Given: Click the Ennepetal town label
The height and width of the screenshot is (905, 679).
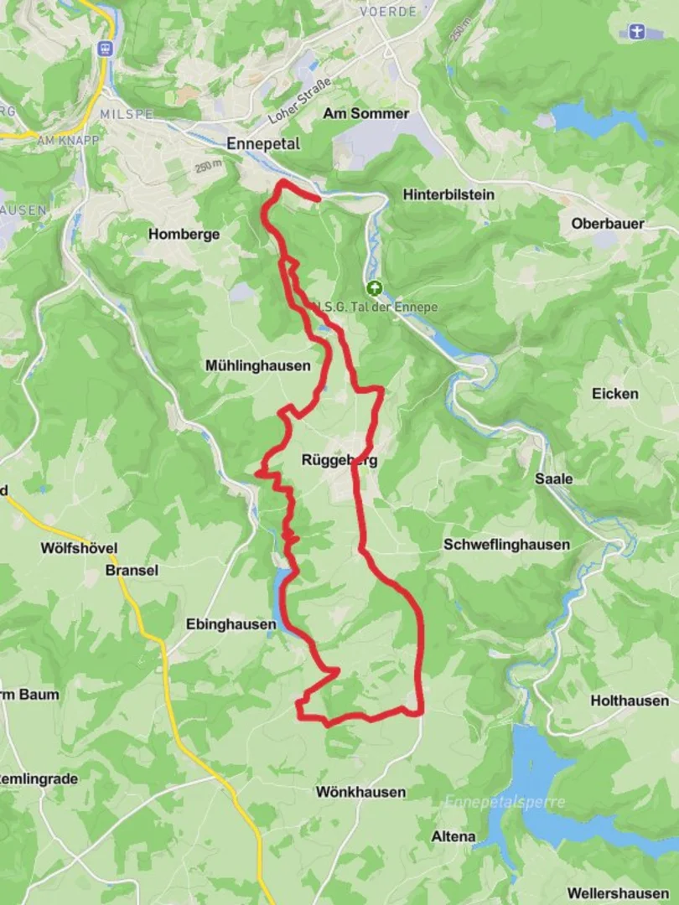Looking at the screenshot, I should [262, 144].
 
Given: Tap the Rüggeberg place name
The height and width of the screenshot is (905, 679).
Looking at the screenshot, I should [339, 460].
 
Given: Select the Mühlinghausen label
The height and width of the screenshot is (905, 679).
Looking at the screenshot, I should [257, 365].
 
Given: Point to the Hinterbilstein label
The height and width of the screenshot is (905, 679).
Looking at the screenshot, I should [448, 194].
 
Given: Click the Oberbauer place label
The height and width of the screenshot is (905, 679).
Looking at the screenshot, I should [608, 224].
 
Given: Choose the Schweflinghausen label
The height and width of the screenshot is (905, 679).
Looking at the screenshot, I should [506, 545].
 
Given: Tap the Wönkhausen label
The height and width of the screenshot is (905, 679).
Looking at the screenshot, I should [360, 792].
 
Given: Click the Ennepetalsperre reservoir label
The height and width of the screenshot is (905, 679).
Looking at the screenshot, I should [505, 802].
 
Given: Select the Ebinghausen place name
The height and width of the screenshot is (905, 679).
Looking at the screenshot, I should [231, 624].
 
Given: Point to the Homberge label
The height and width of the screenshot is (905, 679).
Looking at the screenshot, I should [184, 235].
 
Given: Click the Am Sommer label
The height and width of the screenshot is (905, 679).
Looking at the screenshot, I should [366, 113].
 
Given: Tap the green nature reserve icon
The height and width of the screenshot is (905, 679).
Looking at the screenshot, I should [373, 287].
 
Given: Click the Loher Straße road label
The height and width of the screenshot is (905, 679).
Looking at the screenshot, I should [300, 100].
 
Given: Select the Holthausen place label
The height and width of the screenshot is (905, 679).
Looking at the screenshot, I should [630, 701].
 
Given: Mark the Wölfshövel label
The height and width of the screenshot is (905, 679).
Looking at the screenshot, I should [79, 548].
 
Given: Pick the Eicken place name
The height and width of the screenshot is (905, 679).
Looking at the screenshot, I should [614, 394].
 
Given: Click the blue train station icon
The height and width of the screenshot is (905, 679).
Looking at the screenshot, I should [105, 49].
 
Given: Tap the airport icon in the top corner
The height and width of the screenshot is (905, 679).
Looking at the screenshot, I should [636, 32].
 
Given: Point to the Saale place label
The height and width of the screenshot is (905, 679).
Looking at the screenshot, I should [554, 479].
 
